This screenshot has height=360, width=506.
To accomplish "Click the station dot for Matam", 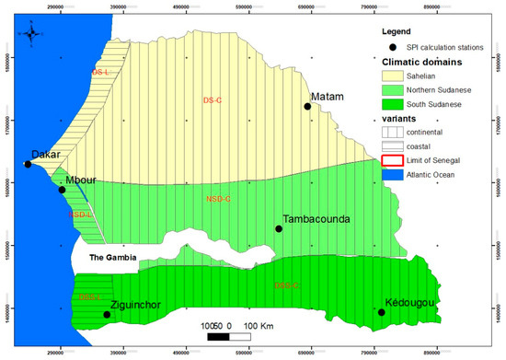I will pyautogui.click(x=308, y=106).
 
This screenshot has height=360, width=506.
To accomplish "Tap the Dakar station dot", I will pyautogui.click(x=28, y=165).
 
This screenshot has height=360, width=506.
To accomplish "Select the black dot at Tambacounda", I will pyautogui.click(x=279, y=228).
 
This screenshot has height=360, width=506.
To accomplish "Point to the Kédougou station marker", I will pyautogui.click(x=382, y=312).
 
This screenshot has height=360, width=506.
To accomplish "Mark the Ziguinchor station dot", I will pyautogui.click(x=107, y=315).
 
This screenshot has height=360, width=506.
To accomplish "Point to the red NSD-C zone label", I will pyautogui.click(x=220, y=198).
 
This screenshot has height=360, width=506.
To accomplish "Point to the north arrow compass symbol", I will pyautogui.click(x=33, y=35).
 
